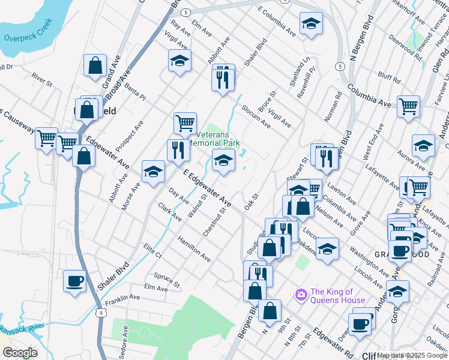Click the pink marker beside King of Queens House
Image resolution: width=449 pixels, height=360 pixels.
[301, 295]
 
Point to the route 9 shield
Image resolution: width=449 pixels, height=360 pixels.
[100, 313]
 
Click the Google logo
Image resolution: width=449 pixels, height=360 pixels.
[20, 353]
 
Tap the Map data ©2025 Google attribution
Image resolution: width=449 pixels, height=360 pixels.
[412, 355]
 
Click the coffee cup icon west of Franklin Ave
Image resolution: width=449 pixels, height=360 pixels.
[75, 281]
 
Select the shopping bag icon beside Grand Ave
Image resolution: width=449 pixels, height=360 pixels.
[95, 65]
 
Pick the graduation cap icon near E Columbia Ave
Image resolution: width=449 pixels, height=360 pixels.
[310, 24]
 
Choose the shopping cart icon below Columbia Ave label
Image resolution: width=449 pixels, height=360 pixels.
[408, 107]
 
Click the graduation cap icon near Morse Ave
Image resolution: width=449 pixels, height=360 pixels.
[153, 172]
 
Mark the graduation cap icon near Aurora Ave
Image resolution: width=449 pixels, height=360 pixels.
[423, 145]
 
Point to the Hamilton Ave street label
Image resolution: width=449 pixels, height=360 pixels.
[194, 249]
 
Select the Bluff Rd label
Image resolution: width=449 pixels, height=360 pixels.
[389, 76]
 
